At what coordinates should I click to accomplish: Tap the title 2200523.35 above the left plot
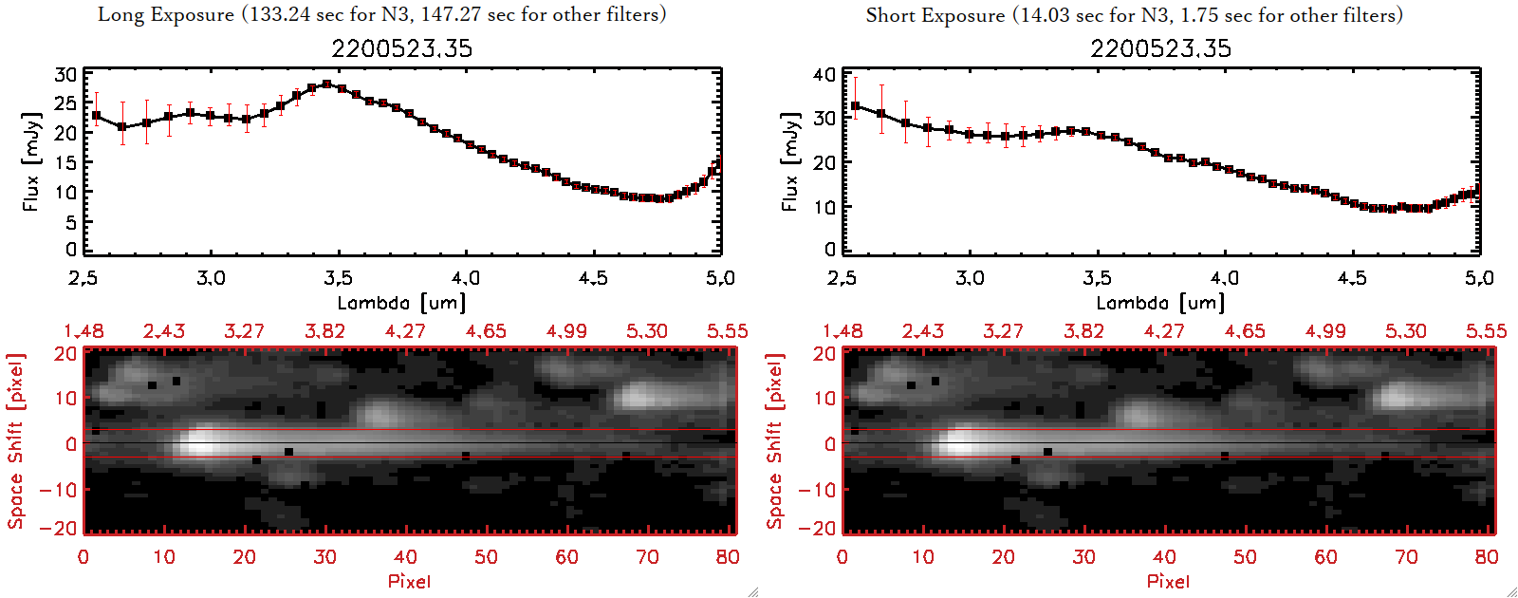coord(401,48)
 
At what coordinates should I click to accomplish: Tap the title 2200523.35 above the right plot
coord(1160,48)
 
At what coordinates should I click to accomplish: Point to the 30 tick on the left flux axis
coord(65,74)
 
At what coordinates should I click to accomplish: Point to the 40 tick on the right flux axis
coord(824,74)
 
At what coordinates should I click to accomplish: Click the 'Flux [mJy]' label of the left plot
coord(31,161)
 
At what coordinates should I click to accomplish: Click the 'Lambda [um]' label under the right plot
coord(1160,303)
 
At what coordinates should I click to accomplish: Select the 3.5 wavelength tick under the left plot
coord(338,278)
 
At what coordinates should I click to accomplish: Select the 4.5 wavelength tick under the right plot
coord(1352,278)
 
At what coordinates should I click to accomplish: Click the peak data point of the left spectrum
coord(327,84)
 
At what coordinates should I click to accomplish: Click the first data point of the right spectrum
coord(856,106)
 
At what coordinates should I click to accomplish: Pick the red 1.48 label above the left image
coord(83,331)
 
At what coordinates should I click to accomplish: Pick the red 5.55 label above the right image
coord(1486,331)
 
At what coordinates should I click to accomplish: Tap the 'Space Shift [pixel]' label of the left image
coord(15,441)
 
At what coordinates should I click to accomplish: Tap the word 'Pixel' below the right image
coord(1168,581)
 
